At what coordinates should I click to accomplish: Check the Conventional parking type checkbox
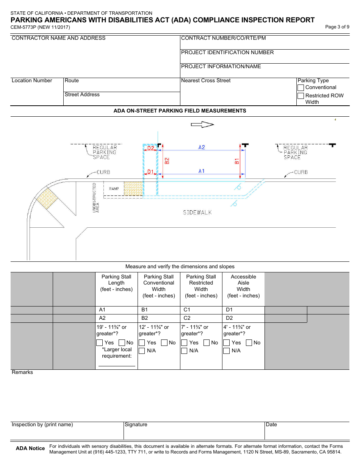click(301, 88)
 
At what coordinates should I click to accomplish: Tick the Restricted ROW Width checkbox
click(301, 96)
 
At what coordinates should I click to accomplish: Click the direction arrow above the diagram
click(203, 125)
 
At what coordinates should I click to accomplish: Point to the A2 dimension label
click(202, 147)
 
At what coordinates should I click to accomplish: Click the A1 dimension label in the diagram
click(202, 171)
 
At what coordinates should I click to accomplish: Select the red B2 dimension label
click(167, 161)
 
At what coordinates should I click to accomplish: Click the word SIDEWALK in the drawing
click(197, 213)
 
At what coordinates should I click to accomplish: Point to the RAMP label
click(114, 189)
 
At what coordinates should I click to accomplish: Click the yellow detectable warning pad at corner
click(46, 199)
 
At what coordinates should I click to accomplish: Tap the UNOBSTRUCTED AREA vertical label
click(96, 198)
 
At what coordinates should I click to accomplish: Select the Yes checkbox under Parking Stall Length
click(100, 343)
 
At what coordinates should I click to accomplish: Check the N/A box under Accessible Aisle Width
click(227, 351)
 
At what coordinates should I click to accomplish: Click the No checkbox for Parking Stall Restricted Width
click(207, 343)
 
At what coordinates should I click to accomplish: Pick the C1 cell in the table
click(201, 310)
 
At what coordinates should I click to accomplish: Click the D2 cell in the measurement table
click(243, 318)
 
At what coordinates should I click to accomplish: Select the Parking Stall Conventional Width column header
click(159, 286)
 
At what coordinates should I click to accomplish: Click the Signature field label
click(136, 425)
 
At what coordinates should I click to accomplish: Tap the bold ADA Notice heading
click(30, 449)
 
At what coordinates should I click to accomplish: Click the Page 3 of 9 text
click(337, 27)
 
